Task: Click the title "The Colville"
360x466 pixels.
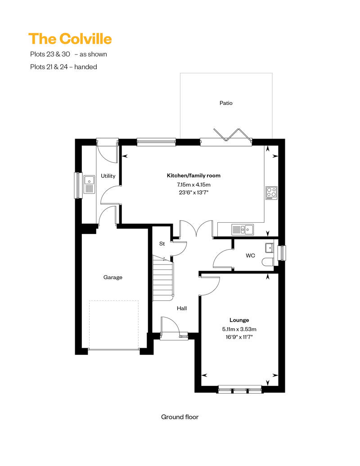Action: [70, 39]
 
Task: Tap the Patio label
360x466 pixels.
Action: [226, 103]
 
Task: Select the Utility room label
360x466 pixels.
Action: [108, 176]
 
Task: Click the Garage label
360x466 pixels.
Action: [112, 277]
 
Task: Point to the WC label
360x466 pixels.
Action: [250, 255]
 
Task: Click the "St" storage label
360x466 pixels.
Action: [162, 244]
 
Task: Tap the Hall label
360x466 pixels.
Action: [182, 308]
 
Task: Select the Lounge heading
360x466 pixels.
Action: [239, 320]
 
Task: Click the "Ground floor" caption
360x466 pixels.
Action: [180, 417]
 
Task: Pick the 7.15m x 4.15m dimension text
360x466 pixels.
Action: [193, 184]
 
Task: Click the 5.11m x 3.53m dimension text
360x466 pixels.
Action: [239, 329]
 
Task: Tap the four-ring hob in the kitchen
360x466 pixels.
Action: [271, 193]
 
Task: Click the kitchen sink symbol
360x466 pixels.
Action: [243, 229]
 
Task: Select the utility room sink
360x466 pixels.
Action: [89, 184]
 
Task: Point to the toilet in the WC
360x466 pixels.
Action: [268, 262]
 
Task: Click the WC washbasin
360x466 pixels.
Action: [270, 248]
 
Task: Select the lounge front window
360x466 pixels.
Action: [240, 390]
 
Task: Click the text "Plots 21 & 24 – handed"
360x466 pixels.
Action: [63, 67]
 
